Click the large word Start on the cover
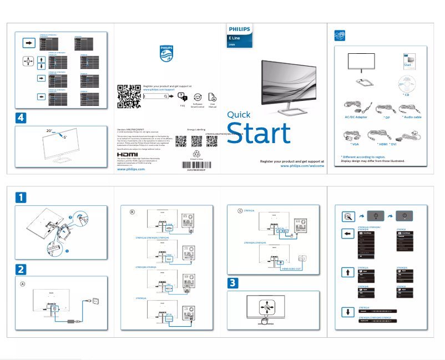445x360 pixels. [x=259, y=134]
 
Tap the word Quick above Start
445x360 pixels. [x=239, y=115]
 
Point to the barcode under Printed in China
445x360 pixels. [x=199, y=165]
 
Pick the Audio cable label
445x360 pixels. [x=411, y=117]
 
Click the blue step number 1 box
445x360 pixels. [x=20, y=197]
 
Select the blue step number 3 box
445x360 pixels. [x=234, y=282]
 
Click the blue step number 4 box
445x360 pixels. [x=20, y=118]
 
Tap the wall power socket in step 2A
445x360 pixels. [x=94, y=301]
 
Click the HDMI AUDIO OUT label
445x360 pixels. [x=291, y=268]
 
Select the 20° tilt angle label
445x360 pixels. [x=49, y=130]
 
